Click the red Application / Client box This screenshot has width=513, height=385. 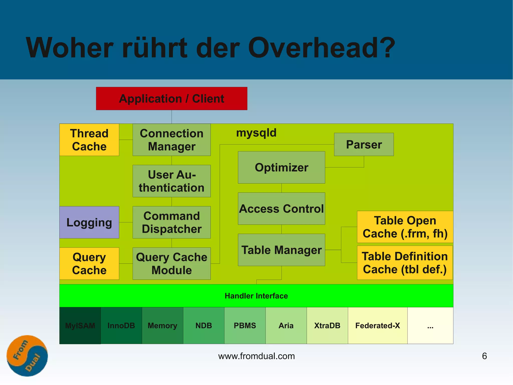click(172, 99)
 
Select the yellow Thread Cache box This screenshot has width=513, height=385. click(89, 140)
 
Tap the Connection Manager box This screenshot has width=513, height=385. click(172, 140)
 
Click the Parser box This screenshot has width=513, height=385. click(364, 144)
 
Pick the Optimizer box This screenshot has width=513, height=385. click(281, 167)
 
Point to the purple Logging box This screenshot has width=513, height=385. click(89, 222)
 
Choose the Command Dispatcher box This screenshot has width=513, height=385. click(172, 222)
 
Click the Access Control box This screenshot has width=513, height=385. click(281, 209)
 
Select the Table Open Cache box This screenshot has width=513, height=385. click(405, 227)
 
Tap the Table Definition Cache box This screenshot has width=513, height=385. click(405, 263)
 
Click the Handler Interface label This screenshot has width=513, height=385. click(256, 296)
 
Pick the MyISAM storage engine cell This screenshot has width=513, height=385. click(80, 326)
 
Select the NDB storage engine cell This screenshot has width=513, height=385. click(204, 326)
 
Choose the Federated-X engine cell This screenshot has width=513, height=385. click(377, 326)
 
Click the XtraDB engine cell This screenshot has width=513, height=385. click(327, 326)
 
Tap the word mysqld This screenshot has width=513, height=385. click(256, 133)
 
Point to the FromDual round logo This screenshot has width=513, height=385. click(27, 356)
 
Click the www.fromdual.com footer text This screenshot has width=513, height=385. click(256, 356)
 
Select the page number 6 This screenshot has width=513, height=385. click(484, 356)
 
